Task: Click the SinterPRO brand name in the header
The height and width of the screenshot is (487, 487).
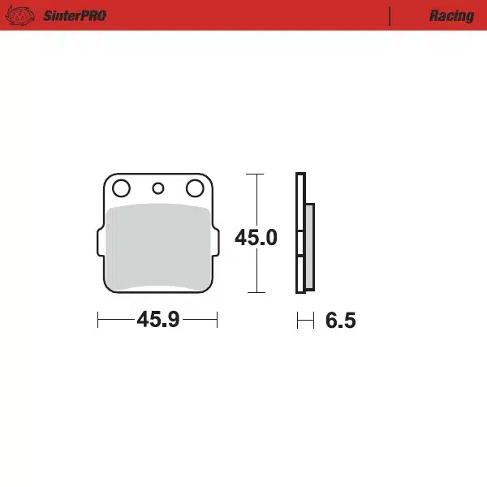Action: point(75,15)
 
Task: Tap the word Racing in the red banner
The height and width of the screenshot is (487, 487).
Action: point(451,15)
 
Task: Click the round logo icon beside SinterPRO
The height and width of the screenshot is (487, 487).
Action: point(25,15)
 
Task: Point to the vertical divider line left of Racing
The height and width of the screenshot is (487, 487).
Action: point(390,15)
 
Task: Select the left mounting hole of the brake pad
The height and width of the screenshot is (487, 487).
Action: point(121,189)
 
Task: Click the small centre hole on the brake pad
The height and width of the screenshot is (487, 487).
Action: point(158,189)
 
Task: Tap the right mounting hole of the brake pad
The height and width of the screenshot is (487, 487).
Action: point(195,189)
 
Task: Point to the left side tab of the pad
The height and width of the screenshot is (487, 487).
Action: point(100,241)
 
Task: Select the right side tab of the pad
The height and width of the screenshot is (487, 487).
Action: point(216,241)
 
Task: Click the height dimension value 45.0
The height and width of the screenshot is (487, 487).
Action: point(256,239)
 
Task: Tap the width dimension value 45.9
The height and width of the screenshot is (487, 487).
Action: point(157,320)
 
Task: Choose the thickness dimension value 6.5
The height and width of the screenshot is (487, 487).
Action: point(341,321)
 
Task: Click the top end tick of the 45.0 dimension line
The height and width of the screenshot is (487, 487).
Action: point(256,174)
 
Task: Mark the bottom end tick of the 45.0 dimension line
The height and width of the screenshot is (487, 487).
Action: point(256,291)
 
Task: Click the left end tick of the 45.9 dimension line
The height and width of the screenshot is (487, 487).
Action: point(98,320)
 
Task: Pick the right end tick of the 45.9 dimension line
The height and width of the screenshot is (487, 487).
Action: point(218,320)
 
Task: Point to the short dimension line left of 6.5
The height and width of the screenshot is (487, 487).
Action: point(305,321)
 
